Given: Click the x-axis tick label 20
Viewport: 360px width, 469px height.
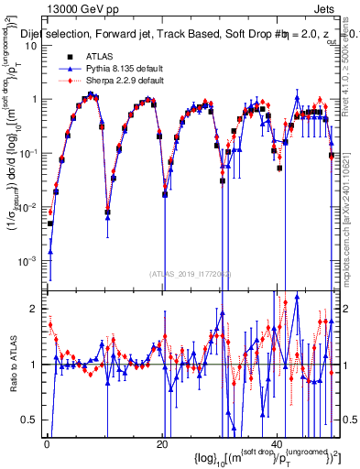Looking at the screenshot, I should click(162, 445).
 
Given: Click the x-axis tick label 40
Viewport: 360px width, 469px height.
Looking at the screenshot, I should click(277, 445).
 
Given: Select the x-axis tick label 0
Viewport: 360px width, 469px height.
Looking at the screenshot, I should click(47, 445).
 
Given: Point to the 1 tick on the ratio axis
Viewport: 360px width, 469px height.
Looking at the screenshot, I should click(36, 365).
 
